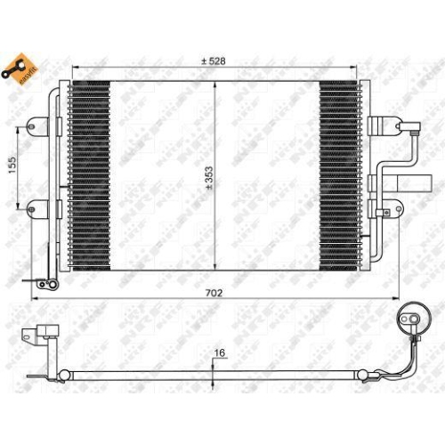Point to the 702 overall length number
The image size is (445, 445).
(213, 292)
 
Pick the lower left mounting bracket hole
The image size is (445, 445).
(33, 210)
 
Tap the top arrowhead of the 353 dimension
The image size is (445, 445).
(216, 83)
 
